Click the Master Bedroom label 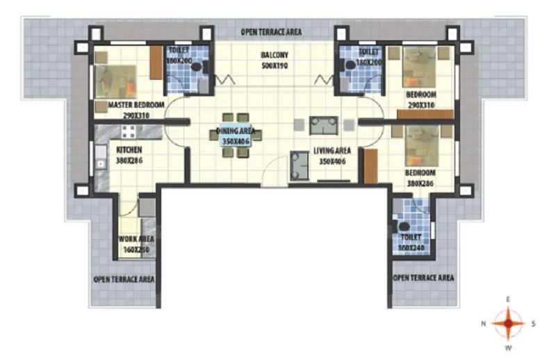point(136,105)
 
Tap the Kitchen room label point(129,150)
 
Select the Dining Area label point(236,131)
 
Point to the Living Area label point(332,151)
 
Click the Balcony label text point(275,55)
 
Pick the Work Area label point(136,239)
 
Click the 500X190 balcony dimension point(275,65)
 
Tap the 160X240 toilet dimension point(411,248)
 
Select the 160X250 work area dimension point(136,249)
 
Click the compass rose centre point(508,323)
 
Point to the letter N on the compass point(483,323)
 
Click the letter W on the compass point(508,348)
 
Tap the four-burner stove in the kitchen point(129,131)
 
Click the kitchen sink point(101,157)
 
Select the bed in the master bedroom point(116,82)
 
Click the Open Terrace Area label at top point(271,32)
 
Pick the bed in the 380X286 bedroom point(422,145)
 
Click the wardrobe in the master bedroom point(156,63)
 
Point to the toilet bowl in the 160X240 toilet point(403,227)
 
